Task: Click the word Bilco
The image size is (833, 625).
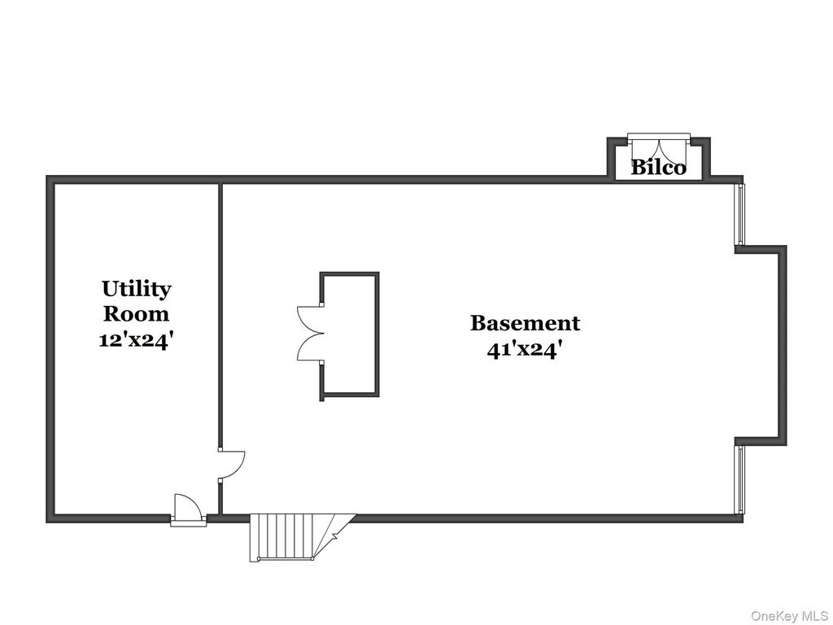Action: coord(658,168)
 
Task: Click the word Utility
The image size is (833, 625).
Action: coord(137,290)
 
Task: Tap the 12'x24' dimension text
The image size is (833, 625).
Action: coord(137,339)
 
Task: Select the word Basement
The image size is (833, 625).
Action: coord(525,323)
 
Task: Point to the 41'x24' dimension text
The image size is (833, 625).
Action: coord(525,350)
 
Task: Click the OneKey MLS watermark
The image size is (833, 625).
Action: coord(789,616)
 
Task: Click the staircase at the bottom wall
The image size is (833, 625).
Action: coord(298,537)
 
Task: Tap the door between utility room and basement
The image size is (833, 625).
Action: coord(231,465)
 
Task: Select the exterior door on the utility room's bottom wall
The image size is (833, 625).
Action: coord(188,510)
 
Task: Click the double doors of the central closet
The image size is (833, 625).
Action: coord(310,333)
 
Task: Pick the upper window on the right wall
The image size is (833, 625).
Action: coord(739,214)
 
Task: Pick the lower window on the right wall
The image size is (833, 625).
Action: coord(739,480)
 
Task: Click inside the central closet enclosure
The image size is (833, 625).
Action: coord(350,334)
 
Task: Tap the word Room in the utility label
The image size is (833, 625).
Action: coord(137,313)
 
